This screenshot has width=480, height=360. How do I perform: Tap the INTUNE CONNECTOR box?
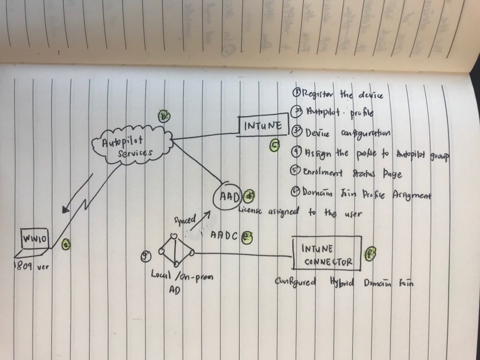coord(326,255)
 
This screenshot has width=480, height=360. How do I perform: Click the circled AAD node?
coord(226,196)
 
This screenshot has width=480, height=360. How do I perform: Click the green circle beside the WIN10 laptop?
coord(67,245)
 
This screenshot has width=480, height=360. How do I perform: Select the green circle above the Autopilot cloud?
coord(164,116)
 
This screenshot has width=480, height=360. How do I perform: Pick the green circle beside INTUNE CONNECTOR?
coord(370,254)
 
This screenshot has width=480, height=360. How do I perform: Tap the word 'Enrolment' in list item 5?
coord(321,173)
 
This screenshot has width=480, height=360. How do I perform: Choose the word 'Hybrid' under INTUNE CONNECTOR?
coord(341,282)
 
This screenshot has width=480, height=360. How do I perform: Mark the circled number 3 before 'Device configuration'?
coord(297,132)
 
